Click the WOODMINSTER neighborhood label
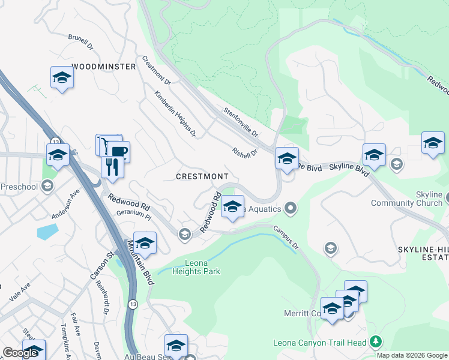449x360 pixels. [x=104, y=67]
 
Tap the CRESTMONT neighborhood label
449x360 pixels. [x=202, y=176]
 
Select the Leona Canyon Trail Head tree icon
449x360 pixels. [x=376, y=342]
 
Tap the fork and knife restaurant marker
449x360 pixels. [x=112, y=166]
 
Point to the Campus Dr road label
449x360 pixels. [x=286, y=238]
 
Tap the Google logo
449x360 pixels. [x=20, y=353]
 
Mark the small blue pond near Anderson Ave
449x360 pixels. [x=47, y=232]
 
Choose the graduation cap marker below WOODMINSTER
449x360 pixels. [x=62, y=79]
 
